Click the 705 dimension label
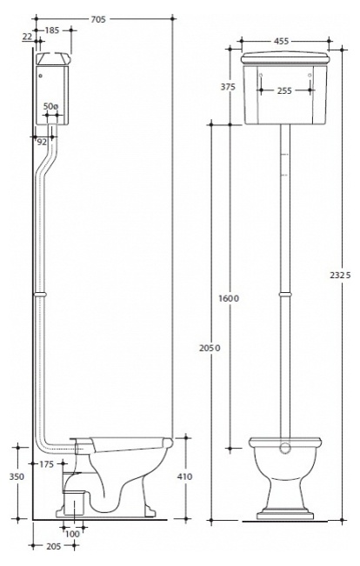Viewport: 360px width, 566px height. (x=98, y=19)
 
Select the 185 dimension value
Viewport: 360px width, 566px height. (x=51, y=30)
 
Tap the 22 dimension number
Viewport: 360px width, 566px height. (x=28, y=37)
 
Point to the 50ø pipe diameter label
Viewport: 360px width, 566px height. (x=50, y=106)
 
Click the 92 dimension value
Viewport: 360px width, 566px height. (x=43, y=142)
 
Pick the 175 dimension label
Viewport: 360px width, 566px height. (x=47, y=464)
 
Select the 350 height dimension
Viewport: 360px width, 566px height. (x=17, y=476)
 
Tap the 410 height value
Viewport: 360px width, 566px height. (x=184, y=476)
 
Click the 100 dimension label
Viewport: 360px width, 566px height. (x=72, y=534)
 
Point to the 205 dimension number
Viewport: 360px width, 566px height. (x=54, y=547)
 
